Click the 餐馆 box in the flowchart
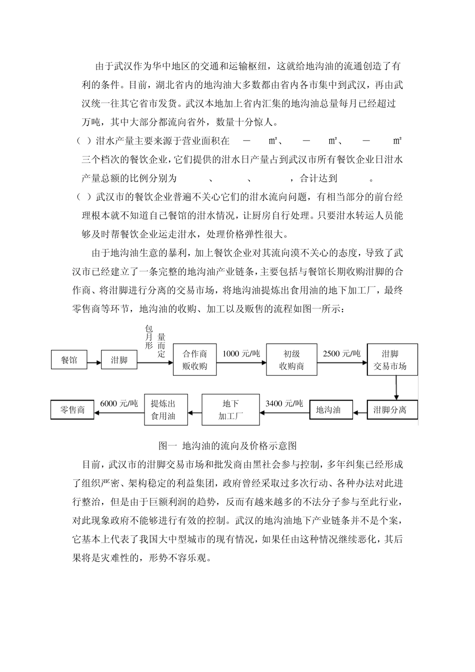point(69,360)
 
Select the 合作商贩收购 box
point(194,360)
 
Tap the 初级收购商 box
point(291,360)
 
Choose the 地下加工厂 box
point(230,409)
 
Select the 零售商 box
point(73,410)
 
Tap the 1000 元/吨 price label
point(241,353)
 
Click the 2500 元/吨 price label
point(341,353)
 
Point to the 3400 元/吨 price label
point(284,403)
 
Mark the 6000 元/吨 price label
point(119,403)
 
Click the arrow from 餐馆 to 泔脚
point(94,360)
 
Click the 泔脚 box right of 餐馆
point(119,360)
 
